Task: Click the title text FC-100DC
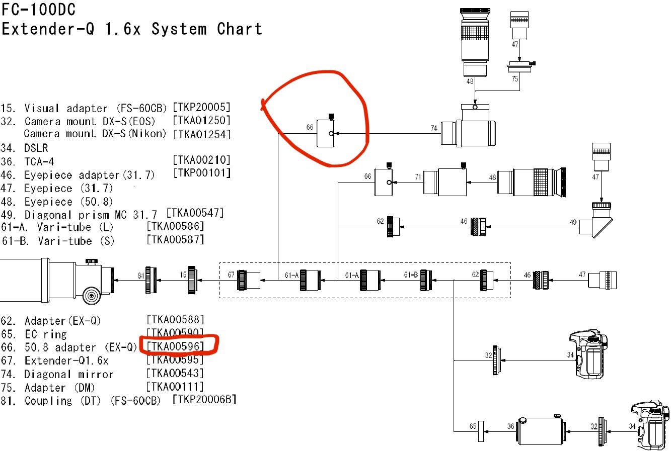tap(39, 10)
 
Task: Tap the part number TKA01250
tap(201, 121)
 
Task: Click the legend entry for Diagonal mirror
tap(68, 375)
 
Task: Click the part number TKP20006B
tap(204, 400)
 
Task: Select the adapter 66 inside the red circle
tap(326, 134)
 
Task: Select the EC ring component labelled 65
tap(481, 431)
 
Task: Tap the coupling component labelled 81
tap(150, 280)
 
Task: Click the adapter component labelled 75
tap(520, 66)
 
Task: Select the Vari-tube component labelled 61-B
tap(426, 280)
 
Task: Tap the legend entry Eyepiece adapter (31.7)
tap(90, 175)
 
